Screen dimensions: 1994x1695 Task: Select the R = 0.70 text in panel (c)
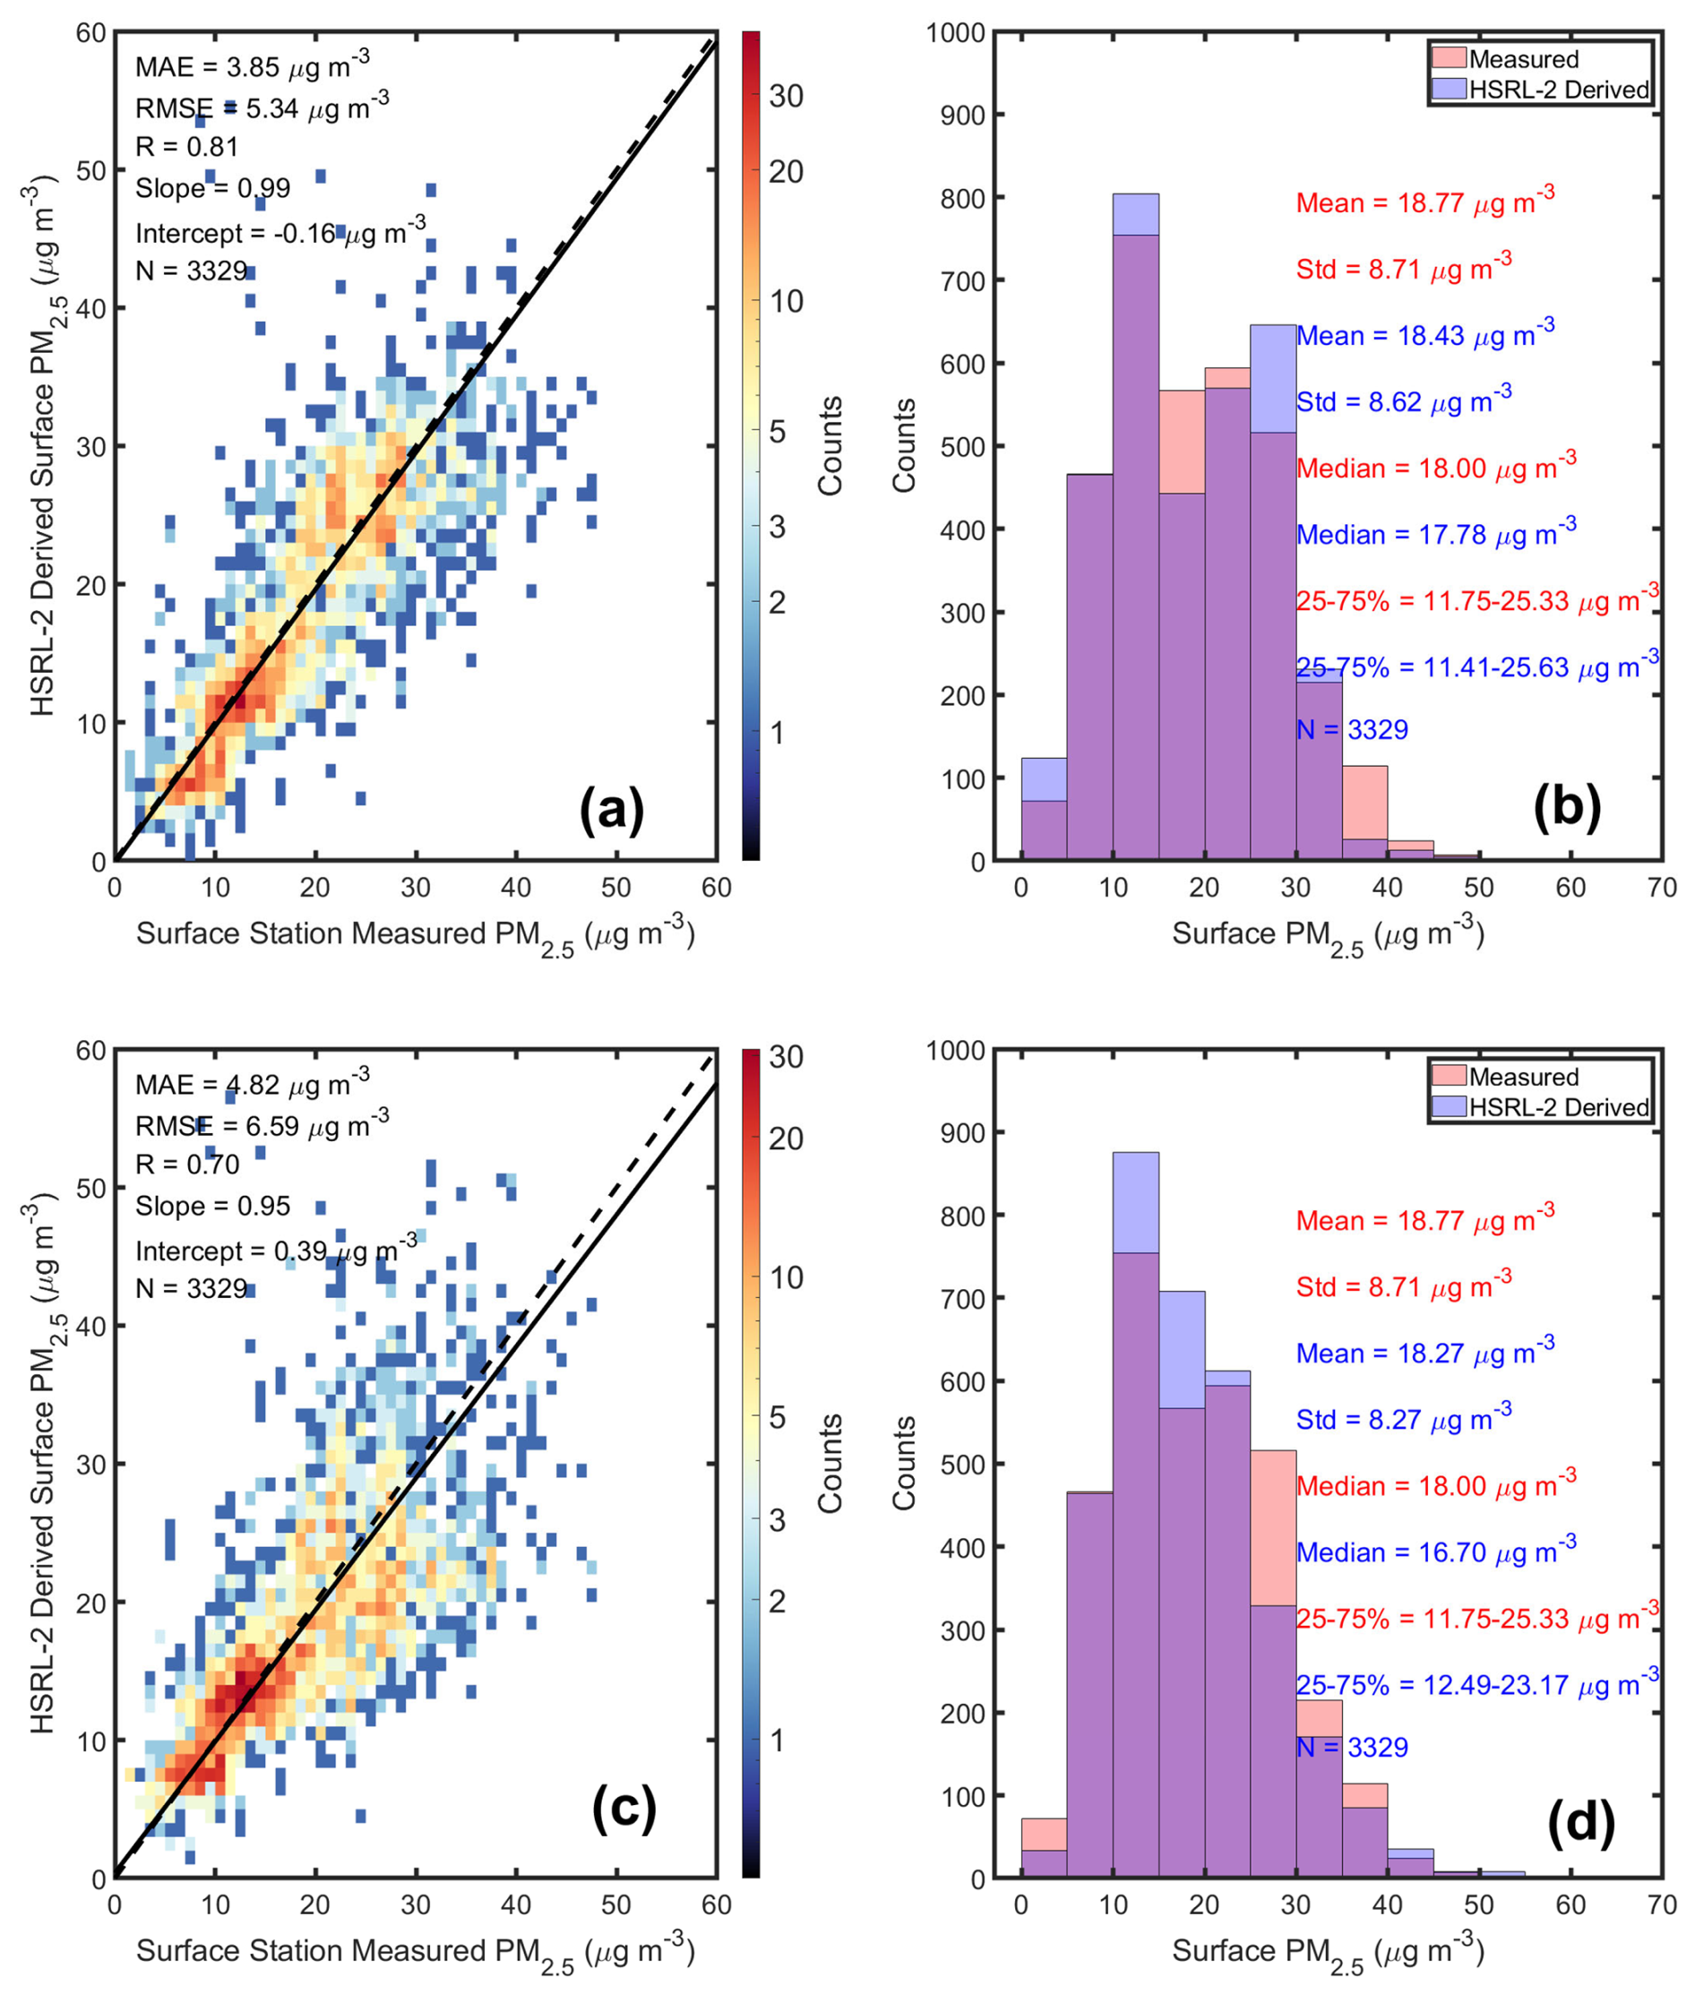[x=187, y=1165]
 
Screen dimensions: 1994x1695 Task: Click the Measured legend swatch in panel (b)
[x=1449, y=57]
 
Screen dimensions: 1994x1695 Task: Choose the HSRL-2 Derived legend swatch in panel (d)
[x=1449, y=1106]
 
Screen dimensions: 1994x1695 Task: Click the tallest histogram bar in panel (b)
[x=1136, y=529]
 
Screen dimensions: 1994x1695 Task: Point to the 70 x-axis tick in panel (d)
[x=1661, y=1904]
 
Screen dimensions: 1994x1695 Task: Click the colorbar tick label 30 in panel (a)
[x=786, y=96]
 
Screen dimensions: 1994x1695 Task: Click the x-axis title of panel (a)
[x=415, y=934]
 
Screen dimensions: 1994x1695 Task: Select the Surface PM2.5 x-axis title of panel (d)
[x=1328, y=1951]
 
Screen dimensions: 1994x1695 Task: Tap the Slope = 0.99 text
[x=212, y=188]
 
